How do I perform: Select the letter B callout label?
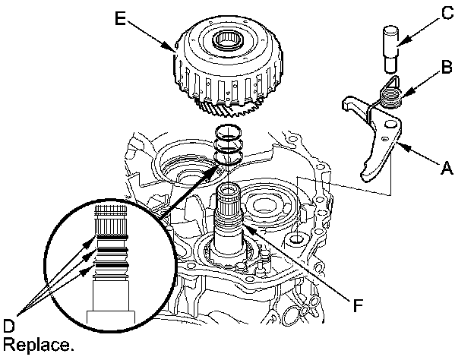[447, 67]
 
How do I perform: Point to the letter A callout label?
[447, 171]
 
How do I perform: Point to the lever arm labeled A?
[380, 137]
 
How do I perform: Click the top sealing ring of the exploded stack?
[227, 131]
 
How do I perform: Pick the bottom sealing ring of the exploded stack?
[227, 157]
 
